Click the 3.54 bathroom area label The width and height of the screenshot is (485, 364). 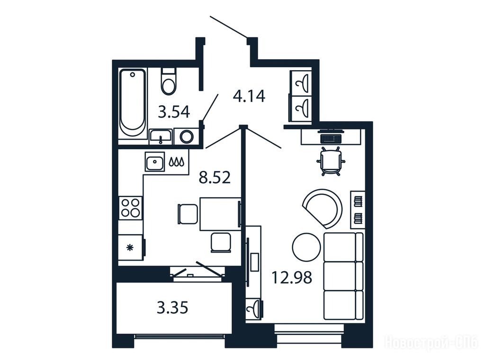(174, 112)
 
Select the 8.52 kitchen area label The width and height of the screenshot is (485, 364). (215, 178)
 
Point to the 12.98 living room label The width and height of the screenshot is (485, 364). (292, 277)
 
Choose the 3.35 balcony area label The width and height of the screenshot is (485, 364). (172, 308)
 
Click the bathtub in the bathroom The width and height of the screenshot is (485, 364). (133, 103)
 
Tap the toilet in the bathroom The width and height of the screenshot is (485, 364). (169, 81)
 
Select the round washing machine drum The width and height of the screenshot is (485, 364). (187, 136)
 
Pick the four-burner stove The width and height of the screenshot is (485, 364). (130, 208)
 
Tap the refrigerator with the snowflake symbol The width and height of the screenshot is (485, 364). (131, 247)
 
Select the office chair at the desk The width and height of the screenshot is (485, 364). (331, 161)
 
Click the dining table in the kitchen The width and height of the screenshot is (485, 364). (220, 214)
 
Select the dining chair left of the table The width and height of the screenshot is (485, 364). (188, 214)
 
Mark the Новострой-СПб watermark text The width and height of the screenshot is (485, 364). (431, 343)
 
